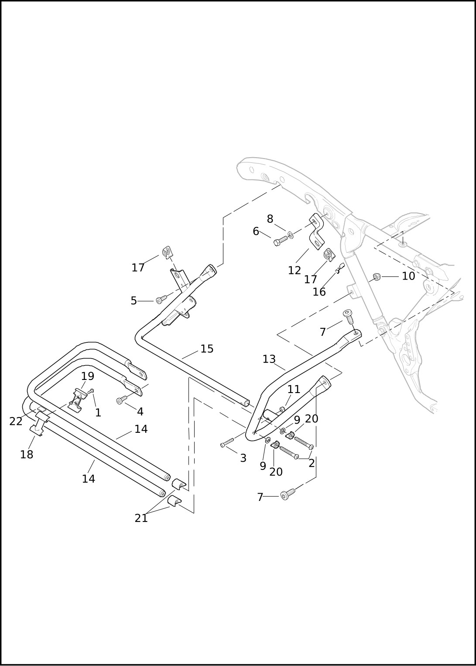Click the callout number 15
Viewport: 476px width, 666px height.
tap(207, 349)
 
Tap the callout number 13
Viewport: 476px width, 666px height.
tap(269, 359)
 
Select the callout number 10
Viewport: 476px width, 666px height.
tap(408, 276)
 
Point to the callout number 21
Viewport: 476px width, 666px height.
tap(141, 518)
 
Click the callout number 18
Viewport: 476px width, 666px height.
tap(27, 455)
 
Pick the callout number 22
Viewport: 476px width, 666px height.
tap(16, 421)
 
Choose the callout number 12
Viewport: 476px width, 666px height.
tap(295, 270)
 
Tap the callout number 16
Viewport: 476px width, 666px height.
tap(319, 292)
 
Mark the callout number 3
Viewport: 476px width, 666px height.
tap(243, 458)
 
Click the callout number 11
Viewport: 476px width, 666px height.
tap(294, 389)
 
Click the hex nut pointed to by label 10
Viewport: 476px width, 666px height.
tap(377, 276)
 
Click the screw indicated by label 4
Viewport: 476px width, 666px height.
tap(121, 400)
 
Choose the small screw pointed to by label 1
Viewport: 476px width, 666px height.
tap(91, 390)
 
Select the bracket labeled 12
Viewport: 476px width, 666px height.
tap(317, 230)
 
